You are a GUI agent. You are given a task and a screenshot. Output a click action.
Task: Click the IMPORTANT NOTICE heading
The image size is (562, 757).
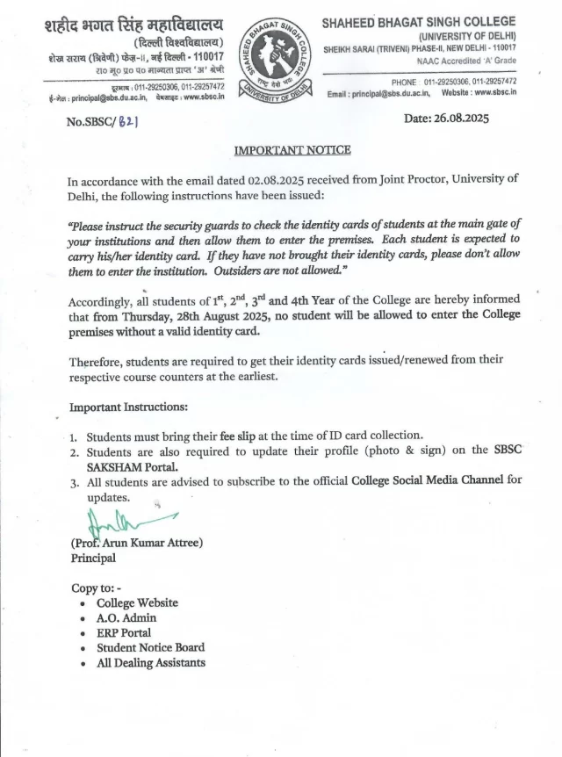292,150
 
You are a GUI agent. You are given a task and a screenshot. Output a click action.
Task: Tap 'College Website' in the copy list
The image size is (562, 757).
137,602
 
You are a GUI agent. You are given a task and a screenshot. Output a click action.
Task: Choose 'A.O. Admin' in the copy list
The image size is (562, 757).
126,617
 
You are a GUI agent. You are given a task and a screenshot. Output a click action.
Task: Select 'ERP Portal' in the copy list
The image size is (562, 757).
124,632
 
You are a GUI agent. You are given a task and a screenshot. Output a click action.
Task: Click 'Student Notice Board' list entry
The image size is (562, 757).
150,647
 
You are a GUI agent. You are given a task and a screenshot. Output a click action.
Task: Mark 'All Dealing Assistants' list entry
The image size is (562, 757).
151,663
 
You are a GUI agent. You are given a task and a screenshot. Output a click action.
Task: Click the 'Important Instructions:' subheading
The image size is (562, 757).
128,407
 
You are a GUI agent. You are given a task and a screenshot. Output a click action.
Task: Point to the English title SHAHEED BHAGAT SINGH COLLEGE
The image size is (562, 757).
420,21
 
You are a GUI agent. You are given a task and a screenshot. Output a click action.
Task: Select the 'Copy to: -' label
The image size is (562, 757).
96,588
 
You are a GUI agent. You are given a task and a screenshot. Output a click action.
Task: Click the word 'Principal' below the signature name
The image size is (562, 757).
93,558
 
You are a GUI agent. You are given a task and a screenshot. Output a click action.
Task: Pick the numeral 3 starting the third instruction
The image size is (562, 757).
75,481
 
